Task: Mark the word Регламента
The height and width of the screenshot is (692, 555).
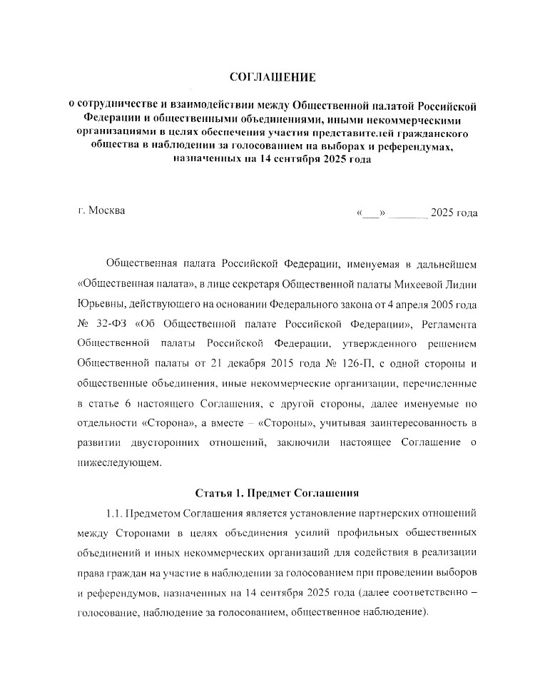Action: (449, 324)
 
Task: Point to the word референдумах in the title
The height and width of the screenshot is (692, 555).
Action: (414, 147)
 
